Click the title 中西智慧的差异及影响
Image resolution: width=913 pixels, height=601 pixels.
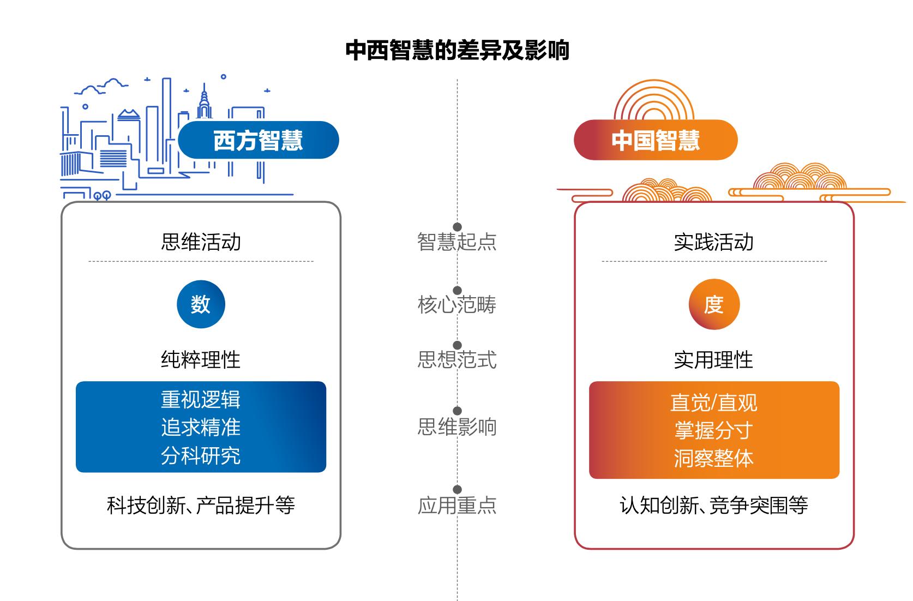[457, 50]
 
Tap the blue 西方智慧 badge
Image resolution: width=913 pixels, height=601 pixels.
[258, 140]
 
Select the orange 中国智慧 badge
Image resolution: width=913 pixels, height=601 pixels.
[656, 140]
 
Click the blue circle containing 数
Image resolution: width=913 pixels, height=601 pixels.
[201, 304]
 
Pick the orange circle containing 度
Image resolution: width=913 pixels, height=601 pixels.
[714, 304]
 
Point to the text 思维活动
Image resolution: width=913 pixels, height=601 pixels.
[201, 242]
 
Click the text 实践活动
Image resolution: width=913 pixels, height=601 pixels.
[714, 242]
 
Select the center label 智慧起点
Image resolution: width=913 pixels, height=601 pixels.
[457, 242]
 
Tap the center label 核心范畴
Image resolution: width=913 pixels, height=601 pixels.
[457, 305]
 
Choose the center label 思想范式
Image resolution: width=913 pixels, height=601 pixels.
[457, 360]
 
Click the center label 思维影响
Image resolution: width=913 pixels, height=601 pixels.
[457, 427]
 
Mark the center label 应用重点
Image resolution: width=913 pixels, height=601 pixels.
[457, 506]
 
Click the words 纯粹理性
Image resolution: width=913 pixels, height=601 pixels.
[201, 360]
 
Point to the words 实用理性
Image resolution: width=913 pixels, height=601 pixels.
[714, 360]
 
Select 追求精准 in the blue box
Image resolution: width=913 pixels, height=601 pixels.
[201, 428]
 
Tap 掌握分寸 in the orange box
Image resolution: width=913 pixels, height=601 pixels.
[714, 430]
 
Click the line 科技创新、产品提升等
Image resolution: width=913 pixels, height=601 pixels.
[201, 506]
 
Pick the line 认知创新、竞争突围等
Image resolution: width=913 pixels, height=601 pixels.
[714, 506]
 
